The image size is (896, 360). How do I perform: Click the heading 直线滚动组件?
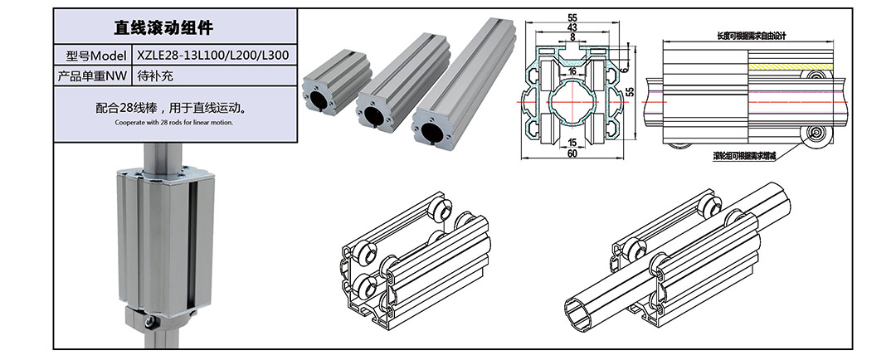click(x=175, y=27)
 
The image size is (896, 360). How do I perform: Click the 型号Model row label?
click(x=91, y=56)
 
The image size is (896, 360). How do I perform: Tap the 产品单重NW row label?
click(x=91, y=75)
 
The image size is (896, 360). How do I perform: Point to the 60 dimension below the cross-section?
click(x=572, y=153)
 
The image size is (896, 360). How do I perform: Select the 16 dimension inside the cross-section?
click(x=572, y=71)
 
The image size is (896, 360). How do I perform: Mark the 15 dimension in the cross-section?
click(x=572, y=142)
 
